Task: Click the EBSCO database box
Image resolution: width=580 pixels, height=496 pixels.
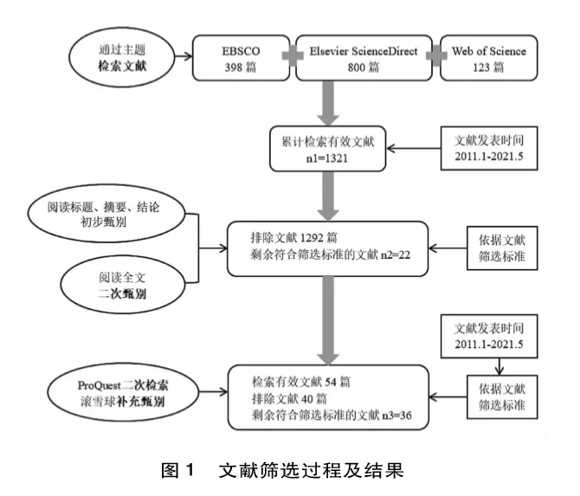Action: pyautogui.click(x=242, y=58)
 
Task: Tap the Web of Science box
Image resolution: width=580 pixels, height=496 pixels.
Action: pyautogui.click(x=488, y=58)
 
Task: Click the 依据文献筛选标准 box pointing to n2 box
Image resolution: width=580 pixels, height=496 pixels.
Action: pyautogui.click(x=502, y=248)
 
